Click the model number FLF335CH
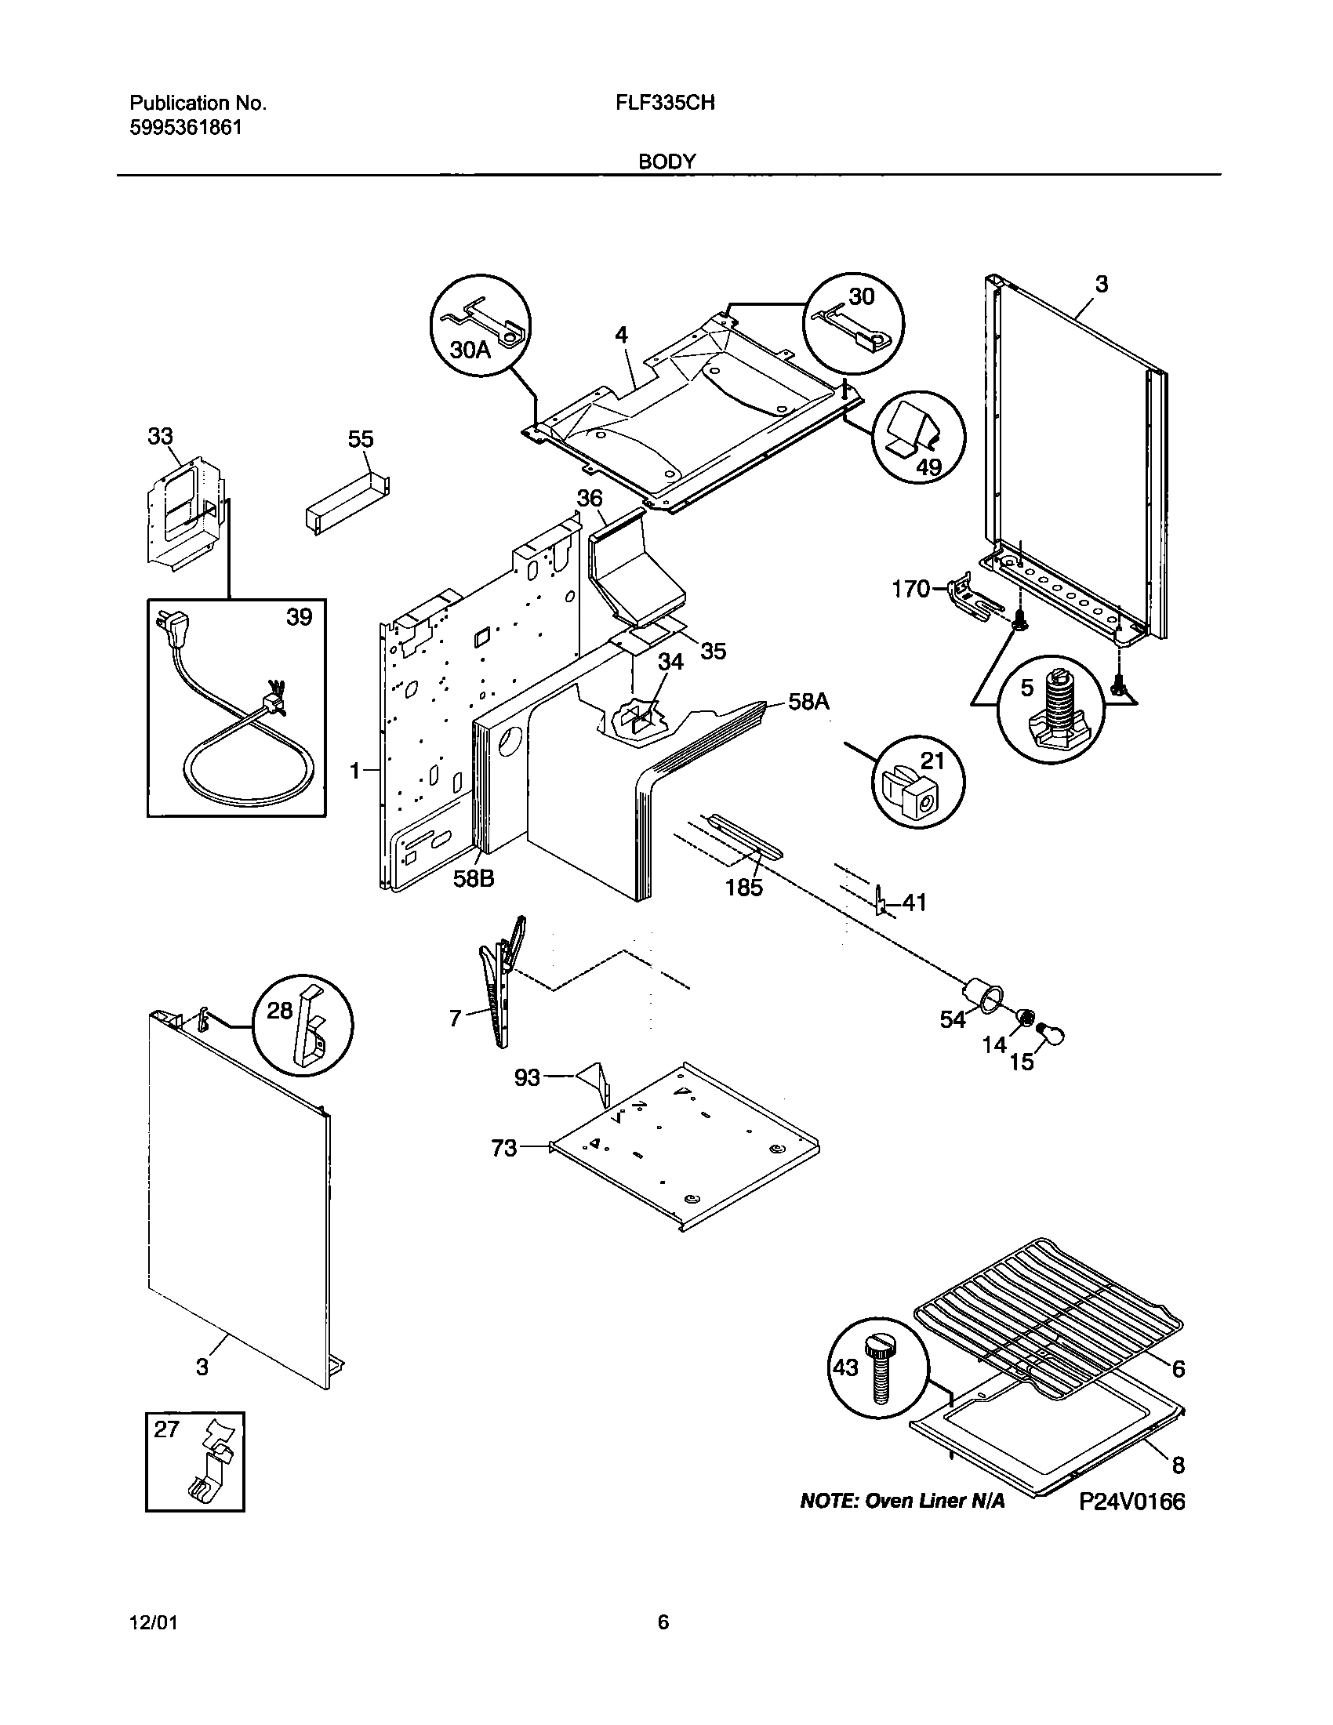coord(665,103)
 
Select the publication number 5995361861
coord(186,127)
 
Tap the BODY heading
coord(666,162)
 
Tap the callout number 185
coord(744,888)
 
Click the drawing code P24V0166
coord(1131,1502)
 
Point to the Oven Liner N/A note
coord(903,1502)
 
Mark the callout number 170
coord(910,588)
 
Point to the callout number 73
coord(504,1148)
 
